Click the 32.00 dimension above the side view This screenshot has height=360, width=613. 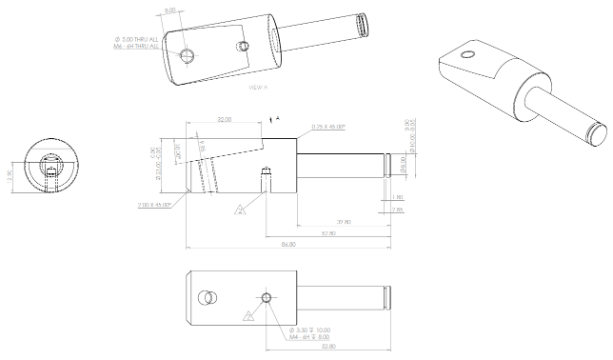point(225,120)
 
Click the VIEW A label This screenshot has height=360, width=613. point(258,87)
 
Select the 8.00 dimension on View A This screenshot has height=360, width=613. point(170,10)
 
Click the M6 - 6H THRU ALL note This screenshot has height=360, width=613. point(136,45)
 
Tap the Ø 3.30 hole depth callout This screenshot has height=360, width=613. point(311,331)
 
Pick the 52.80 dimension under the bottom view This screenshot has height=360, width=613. point(328,347)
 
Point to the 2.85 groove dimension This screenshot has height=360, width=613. point(398,209)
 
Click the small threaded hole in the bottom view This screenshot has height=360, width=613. point(267,298)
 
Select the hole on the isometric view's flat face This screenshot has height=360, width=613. point(466,55)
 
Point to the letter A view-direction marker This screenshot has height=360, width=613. point(277,118)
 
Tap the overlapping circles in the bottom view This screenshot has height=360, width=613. point(206,299)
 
